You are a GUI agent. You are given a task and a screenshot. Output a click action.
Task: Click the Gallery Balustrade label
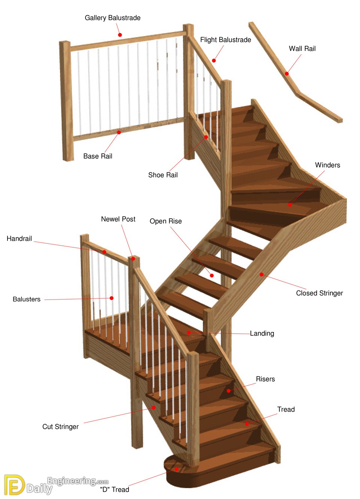(x=112, y=18)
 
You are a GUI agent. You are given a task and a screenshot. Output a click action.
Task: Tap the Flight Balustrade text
(x=225, y=40)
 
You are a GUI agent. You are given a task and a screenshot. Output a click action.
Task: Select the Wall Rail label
(x=302, y=49)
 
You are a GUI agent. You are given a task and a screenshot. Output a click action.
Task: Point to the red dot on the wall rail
(x=287, y=74)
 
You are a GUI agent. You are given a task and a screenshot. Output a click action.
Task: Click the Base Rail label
(x=97, y=156)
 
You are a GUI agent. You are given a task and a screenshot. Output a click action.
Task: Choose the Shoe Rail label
(x=163, y=175)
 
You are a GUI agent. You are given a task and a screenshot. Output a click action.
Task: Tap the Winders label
(x=327, y=165)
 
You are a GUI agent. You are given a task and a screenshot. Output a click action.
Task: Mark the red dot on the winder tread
(x=290, y=205)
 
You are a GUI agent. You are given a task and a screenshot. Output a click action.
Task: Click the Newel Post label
(x=118, y=219)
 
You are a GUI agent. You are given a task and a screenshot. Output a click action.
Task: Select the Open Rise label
(x=165, y=221)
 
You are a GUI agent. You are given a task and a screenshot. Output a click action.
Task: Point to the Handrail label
(x=19, y=238)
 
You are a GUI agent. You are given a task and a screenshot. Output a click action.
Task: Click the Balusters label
(x=27, y=299)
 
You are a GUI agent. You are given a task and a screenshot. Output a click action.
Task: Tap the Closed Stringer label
(x=319, y=293)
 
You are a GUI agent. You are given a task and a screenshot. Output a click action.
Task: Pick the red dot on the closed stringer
(x=261, y=274)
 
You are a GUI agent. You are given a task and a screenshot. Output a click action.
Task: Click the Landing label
(x=262, y=334)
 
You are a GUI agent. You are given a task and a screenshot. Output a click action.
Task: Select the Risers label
(x=265, y=379)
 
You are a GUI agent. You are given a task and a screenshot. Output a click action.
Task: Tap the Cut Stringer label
(x=60, y=427)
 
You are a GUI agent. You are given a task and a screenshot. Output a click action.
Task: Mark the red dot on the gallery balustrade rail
(x=120, y=35)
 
